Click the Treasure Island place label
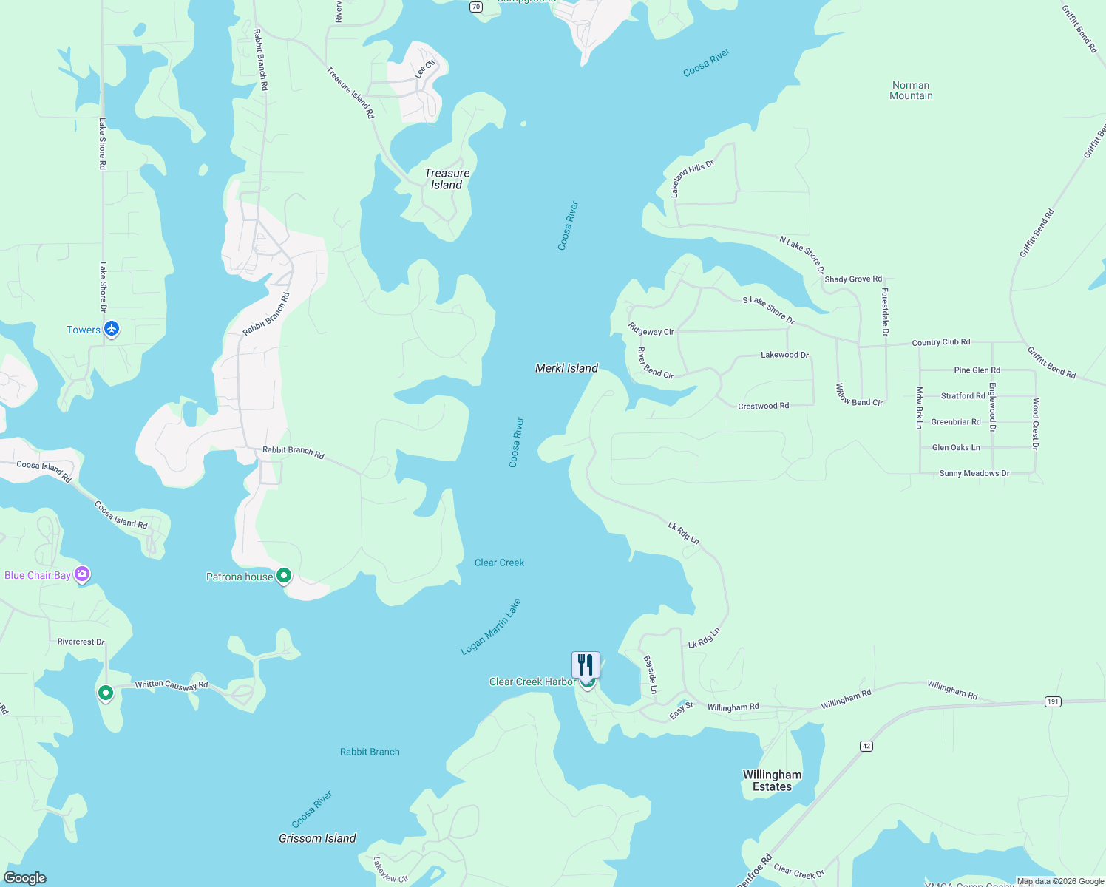(x=447, y=179)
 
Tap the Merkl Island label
(x=566, y=368)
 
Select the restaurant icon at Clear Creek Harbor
(x=586, y=665)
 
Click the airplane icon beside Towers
(x=112, y=329)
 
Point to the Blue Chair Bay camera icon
(x=82, y=574)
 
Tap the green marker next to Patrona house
(x=284, y=577)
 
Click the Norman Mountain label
(x=911, y=90)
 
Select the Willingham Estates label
(x=772, y=781)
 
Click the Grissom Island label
(x=317, y=838)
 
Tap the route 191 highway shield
(x=1053, y=701)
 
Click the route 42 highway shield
(x=866, y=746)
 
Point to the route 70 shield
(x=476, y=7)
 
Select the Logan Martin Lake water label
(x=491, y=627)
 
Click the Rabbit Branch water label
(x=370, y=752)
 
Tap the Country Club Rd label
(x=940, y=342)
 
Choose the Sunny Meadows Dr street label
(x=974, y=473)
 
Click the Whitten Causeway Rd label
(x=172, y=685)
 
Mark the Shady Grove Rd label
(x=853, y=279)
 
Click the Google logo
(x=25, y=878)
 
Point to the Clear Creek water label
(x=499, y=563)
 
